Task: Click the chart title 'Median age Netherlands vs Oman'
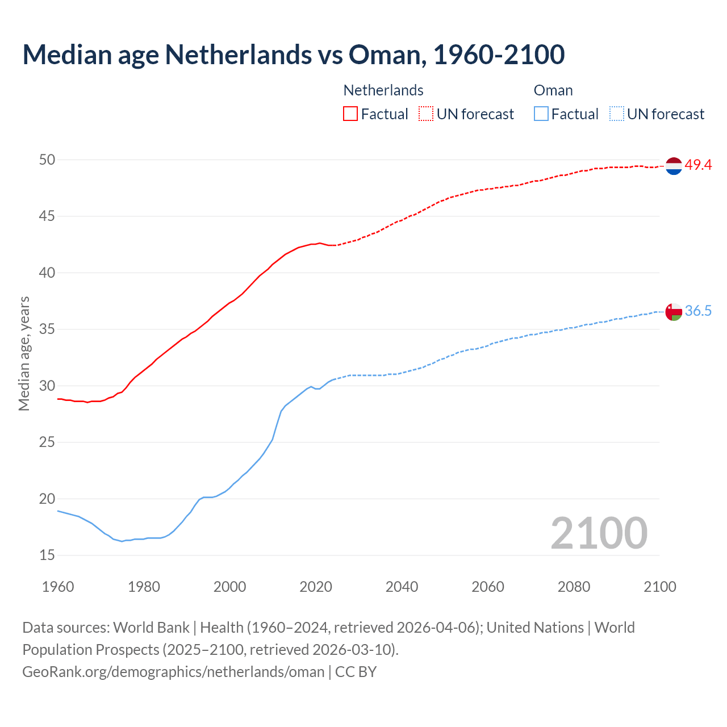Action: (293, 55)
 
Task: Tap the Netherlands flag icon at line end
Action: (674, 166)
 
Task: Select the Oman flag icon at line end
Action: (674, 312)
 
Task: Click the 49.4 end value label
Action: (698, 165)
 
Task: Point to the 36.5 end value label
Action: (698, 311)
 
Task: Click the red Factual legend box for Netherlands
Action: (350, 114)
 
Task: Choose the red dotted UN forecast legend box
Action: (426, 114)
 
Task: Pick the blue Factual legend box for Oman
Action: (541, 114)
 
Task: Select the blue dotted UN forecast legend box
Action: (616, 114)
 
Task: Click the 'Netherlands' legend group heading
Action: (383, 90)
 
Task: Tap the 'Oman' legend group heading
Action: (553, 90)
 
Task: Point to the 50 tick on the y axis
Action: (47, 160)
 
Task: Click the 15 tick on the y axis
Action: (47, 555)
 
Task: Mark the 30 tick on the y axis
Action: (47, 386)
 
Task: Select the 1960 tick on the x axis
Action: (58, 587)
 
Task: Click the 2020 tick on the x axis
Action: (316, 587)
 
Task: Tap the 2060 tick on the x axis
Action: (488, 587)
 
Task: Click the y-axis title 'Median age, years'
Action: (24, 353)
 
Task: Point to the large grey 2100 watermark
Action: (599, 533)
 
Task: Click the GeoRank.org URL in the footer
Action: (173, 672)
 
